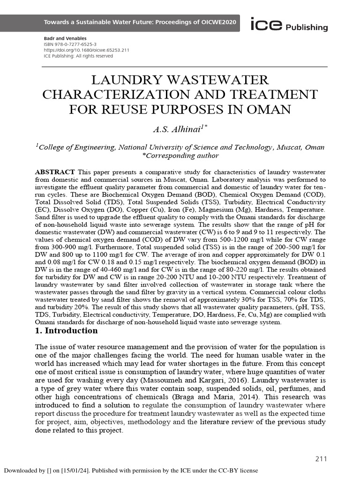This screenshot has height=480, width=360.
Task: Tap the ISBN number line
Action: pyautogui.click(x=63, y=44)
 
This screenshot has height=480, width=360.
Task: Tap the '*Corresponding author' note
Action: pyautogui.click(x=180, y=155)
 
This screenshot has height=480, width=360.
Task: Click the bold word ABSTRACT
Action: pyautogui.click(x=55, y=171)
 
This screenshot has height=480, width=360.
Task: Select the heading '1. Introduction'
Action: pyautogui.click(x=67, y=331)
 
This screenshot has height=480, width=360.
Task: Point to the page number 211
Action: pyautogui.click(x=321, y=459)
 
